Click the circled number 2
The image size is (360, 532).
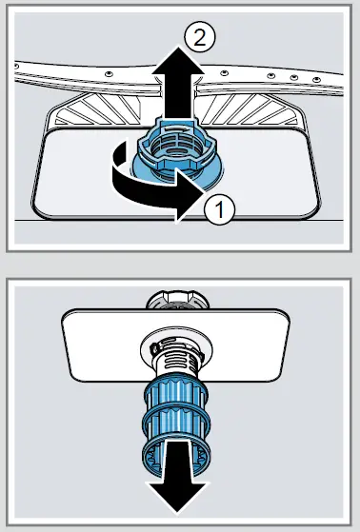tap(197, 38)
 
